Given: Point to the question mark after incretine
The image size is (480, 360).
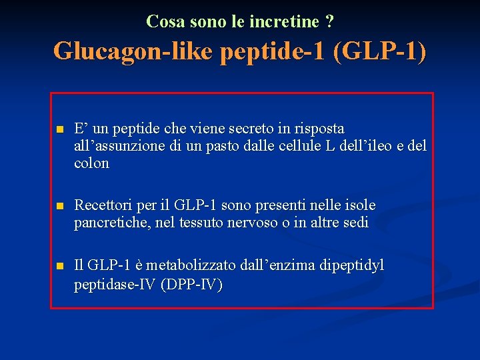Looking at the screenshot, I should (x=330, y=21).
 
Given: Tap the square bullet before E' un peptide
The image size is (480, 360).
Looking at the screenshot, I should (x=59, y=129).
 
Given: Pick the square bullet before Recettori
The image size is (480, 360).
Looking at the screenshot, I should (x=59, y=205).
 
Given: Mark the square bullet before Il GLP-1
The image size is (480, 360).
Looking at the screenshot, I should (x=59, y=266).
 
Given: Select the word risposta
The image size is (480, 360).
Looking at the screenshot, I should (x=319, y=128).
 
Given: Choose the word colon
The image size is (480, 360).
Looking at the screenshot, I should (x=91, y=163).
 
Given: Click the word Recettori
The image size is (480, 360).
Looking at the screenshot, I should (x=102, y=205).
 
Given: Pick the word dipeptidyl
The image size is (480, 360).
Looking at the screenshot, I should (x=352, y=265).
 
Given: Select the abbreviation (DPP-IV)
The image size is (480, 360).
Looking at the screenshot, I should (x=192, y=285).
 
